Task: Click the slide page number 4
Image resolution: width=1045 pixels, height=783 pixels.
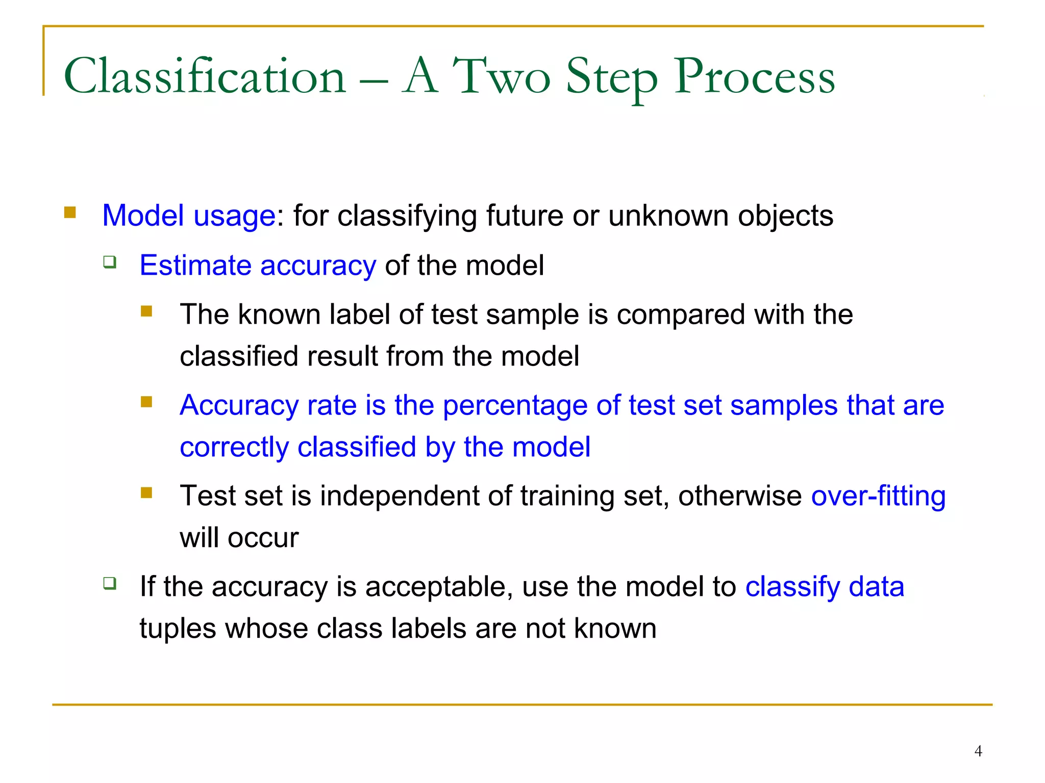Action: tap(978, 751)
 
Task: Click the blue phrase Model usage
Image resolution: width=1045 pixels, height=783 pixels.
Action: tap(189, 216)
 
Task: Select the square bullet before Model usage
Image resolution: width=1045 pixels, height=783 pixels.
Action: tap(70, 212)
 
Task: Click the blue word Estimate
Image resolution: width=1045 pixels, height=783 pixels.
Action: tap(195, 266)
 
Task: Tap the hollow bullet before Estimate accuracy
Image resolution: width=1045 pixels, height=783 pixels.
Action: tap(110, 262)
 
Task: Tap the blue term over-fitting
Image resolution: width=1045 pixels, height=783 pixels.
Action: tap(878, 496)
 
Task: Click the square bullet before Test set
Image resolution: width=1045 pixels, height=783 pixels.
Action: tap(146, 492)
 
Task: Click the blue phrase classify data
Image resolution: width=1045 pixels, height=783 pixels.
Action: tap(825, 587)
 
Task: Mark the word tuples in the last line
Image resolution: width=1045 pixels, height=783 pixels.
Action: tap(178, 629)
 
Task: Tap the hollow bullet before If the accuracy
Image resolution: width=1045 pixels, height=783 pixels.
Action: tap(110, 583)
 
